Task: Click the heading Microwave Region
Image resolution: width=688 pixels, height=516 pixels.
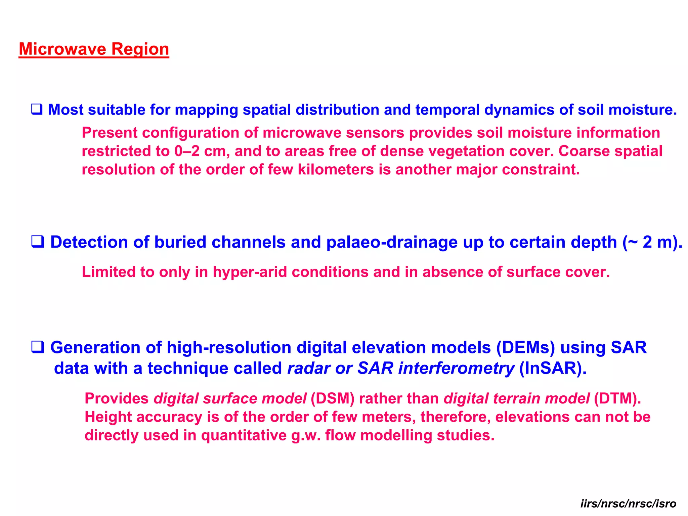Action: click(94, 49)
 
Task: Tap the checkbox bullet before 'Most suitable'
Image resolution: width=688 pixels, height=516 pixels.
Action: click(37, 110)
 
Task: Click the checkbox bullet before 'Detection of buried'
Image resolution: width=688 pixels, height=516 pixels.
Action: click(38, 242)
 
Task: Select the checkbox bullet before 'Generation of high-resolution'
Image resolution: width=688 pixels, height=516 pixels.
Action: click(38, 347)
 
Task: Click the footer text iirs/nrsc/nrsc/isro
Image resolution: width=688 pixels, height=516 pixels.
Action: click(628, 504)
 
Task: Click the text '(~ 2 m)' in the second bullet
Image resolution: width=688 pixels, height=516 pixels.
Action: click(652, 242)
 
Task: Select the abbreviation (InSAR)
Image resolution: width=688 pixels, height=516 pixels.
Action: click(553, 368)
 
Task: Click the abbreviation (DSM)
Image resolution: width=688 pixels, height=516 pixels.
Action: click(332, 398)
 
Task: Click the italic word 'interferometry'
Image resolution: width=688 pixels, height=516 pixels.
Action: click(456, 368)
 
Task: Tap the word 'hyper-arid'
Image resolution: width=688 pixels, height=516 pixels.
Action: click(250, 272)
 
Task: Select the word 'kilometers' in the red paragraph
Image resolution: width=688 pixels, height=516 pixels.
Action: click(336, 170)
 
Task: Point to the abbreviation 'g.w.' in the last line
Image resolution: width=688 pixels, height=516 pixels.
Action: click(306, 435)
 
